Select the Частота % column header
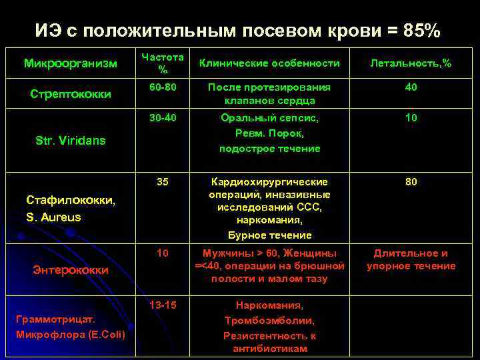163,63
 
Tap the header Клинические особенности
269,63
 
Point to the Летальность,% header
411,63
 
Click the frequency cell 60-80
163,87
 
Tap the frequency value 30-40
163,118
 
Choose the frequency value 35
163,181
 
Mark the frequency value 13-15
163,305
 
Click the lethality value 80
411,181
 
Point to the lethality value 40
411,87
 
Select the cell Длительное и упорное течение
411,259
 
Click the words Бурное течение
269,235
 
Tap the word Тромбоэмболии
269,320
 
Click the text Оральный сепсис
269,118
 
